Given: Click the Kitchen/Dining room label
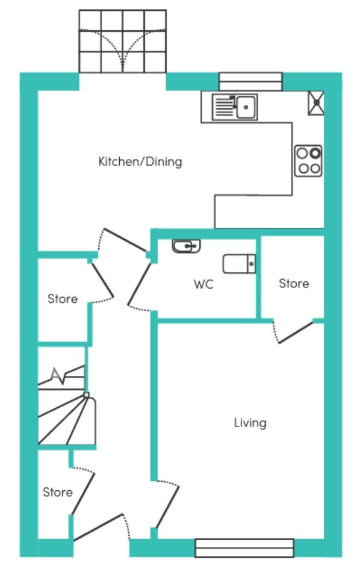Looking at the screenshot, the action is coord(140,161).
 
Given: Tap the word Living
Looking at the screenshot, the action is coord(250,423).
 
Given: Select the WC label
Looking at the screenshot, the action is coord(203,284).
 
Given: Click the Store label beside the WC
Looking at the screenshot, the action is coord(294,283).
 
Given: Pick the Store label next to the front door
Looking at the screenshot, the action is coord(58,492).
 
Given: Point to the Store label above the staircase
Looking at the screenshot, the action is coord(63,299).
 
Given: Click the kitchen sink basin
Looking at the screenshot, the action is coord(246,107).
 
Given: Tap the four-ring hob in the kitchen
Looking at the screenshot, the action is coord(308,161).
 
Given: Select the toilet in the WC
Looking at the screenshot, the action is coord(240,264).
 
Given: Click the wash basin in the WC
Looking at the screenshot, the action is coord(187,246).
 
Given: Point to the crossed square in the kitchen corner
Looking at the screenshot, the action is coord(316,103).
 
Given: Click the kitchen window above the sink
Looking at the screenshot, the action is coord(250,81).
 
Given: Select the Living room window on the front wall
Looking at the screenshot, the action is coord(244,548).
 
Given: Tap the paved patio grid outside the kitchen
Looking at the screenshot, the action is coord(123,42).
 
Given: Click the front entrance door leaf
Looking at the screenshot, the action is coord(99,527).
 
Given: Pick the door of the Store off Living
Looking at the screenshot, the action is coord(296,332).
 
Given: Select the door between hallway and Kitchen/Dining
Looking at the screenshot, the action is coord(125,240).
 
